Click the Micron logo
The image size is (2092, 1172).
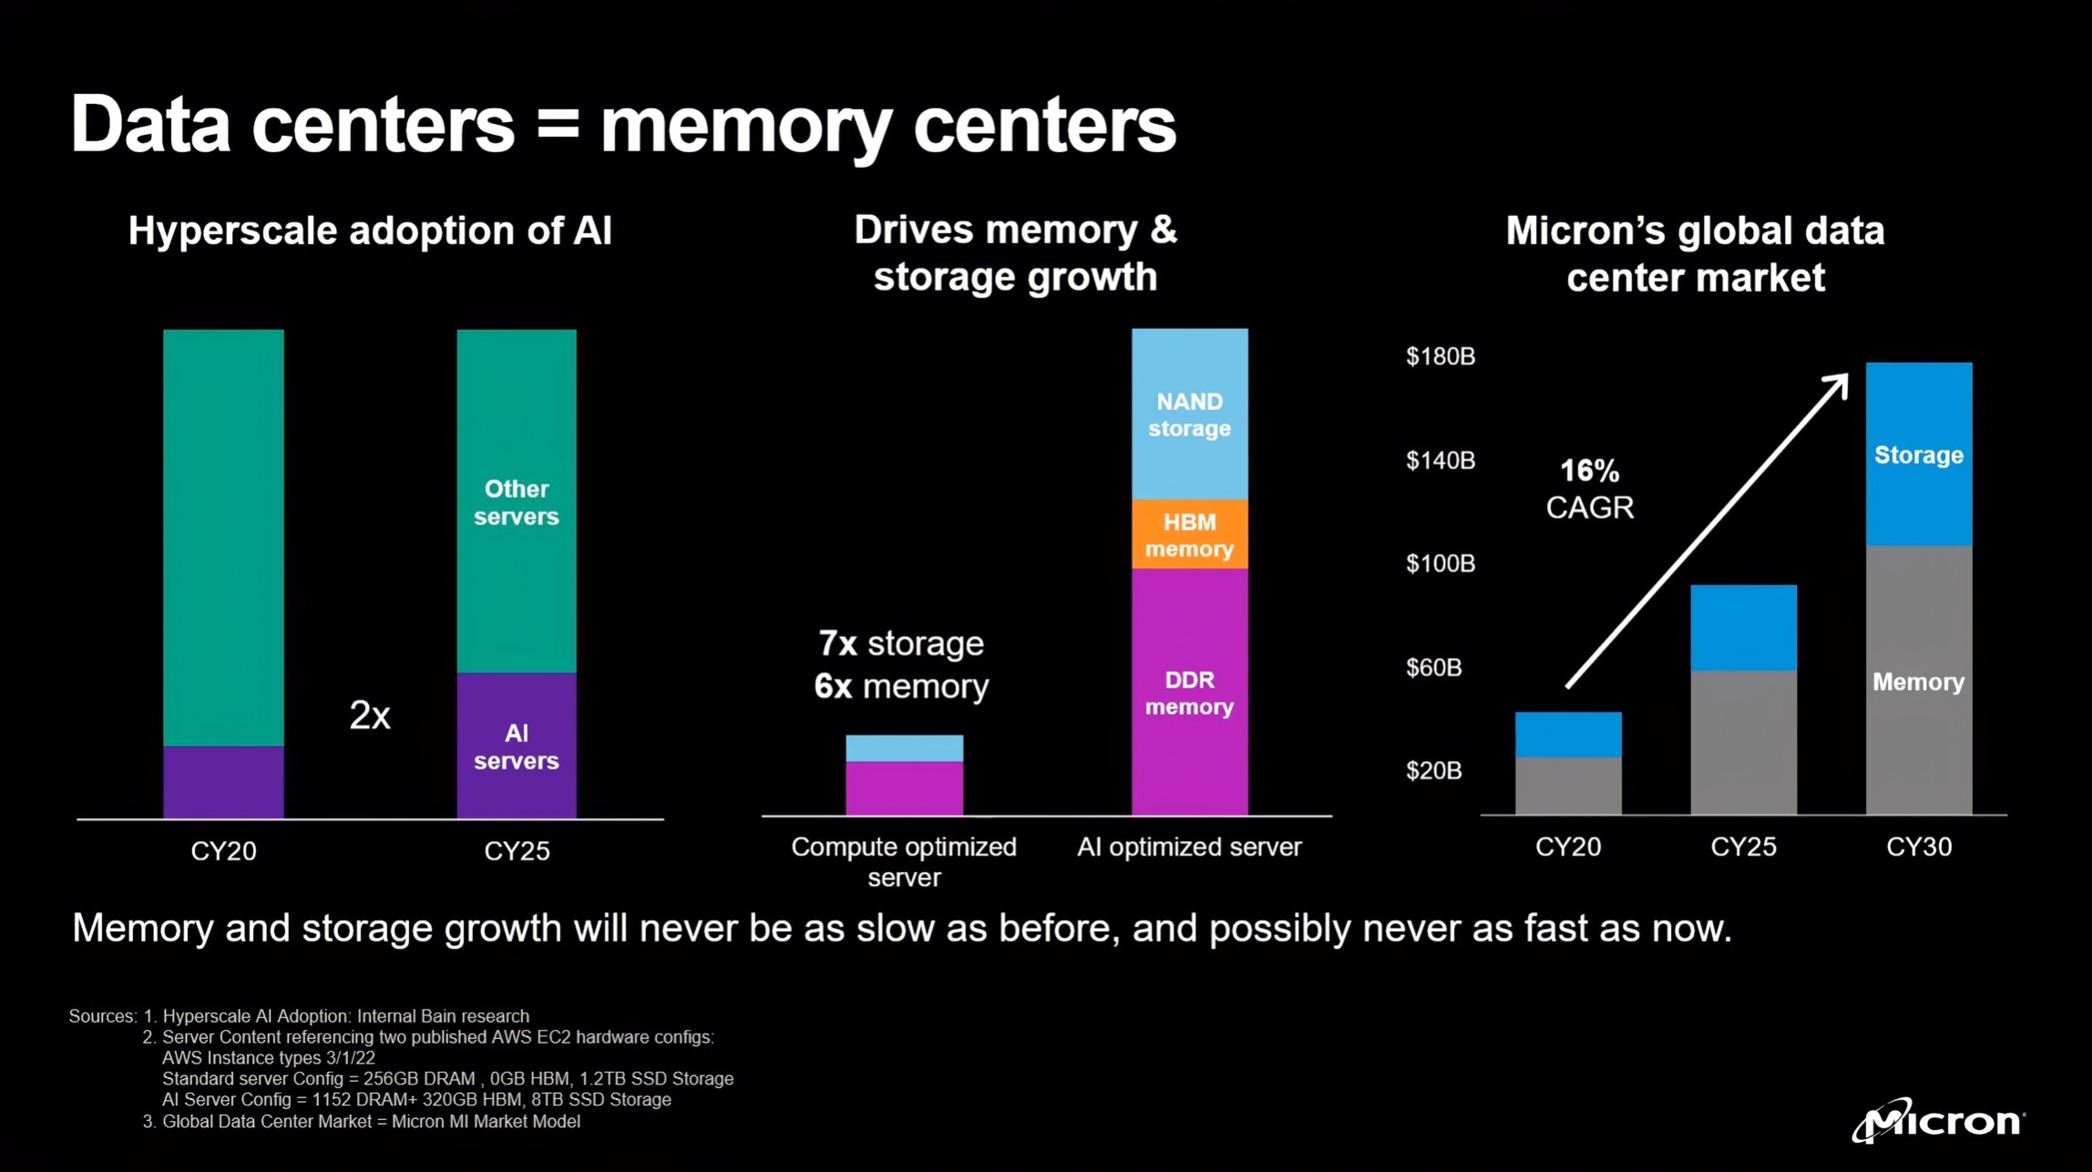point(1937,1120)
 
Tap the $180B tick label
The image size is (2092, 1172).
point(1440,356)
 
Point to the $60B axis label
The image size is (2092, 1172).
point(1433,668)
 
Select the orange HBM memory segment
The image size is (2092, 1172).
point(1189,534)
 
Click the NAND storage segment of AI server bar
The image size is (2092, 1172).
point(1189,415)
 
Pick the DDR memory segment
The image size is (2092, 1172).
point(1189,693)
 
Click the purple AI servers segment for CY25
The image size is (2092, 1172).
point(516,746)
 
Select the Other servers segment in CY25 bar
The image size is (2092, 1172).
point(516,501)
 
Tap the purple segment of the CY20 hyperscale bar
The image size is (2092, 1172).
point(223,782)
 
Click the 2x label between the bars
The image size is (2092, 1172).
point(370,716)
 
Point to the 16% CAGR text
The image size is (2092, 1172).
point(1589,489)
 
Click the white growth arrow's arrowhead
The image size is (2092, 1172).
point(1840,384)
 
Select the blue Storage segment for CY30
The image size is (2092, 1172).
point(1918,455)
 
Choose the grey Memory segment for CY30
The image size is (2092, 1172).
point(1918,682)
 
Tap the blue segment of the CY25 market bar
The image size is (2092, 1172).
point(1743,628)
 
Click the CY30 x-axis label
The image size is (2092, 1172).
point(1918,848)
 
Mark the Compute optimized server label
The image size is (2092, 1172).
point(903,861)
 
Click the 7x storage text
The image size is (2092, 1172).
point(900,644)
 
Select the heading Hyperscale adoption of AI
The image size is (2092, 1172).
point(370,231)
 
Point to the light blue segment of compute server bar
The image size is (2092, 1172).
point(904,748)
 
